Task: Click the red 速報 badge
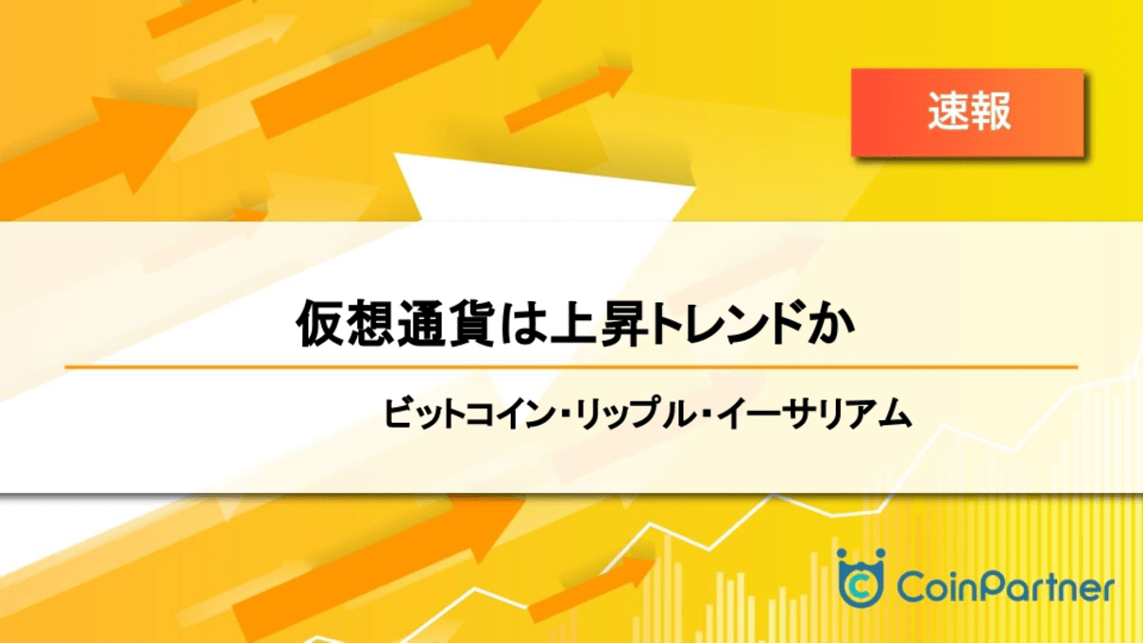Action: click(967, 112)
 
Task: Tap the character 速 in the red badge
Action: click(947, 111)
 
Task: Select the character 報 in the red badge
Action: click(990, 111)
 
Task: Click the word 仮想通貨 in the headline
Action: click(395, 324)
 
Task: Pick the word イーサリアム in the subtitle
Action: click(813, 413)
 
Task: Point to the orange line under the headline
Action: click(571, 366)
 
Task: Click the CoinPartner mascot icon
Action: click(861, 578)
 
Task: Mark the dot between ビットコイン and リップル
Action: click(565, 415)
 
